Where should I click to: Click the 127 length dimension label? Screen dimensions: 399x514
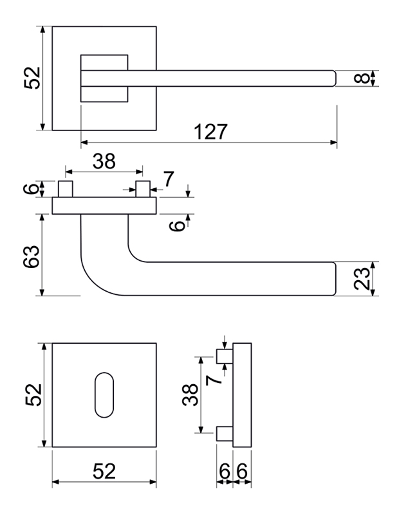click(x=210, y=132)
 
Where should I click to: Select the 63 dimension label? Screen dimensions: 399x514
click(x=32, y=256)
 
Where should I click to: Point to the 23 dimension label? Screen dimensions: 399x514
click(x=362, y=279)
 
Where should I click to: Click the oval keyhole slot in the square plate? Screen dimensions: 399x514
click(x=104, y=394)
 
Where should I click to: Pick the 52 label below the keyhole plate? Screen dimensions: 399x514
click(x=104, y=471)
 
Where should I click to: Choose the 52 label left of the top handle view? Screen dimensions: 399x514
click(x=32, y=78)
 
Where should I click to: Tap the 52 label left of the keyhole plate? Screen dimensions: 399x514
click(x=33, y=395)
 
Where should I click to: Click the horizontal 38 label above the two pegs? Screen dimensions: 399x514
click(x=104, y=161)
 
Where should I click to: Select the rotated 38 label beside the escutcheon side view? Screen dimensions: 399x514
click(x=190, y=395)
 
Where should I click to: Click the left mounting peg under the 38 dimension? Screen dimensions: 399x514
click(x=66, y=189)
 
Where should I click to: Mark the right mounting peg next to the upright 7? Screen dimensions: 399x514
click(x=143, y=189)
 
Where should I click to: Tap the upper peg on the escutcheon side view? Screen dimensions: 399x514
click(x=225, y=357)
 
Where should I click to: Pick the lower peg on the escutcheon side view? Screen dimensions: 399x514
click(x=225, y=434)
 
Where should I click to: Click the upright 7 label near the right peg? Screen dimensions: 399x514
click(x=169, y=179)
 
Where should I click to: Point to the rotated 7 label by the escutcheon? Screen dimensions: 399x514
click(x=214, y=380)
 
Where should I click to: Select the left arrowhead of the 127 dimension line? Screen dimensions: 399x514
click(x=84, y=142)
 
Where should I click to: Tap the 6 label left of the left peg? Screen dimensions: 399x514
click(x=32, y=189)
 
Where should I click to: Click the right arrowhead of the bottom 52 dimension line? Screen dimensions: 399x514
click(x=153, y=482)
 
